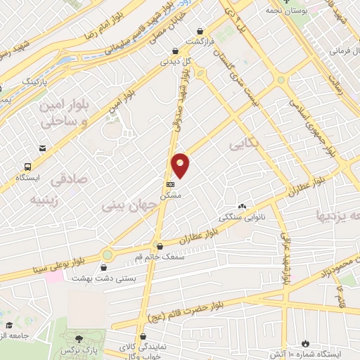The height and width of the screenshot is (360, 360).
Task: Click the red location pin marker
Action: click(181, 165)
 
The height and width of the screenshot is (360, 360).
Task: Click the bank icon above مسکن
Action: click(169, 184)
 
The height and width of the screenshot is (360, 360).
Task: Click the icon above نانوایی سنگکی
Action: click(242, 206)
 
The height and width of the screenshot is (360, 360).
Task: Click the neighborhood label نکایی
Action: click(244, 143)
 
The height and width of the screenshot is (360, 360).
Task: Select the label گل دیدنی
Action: click(176, 61)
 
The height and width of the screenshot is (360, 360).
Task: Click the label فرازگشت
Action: click(199, 42)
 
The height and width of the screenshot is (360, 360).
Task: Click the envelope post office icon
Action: click(44, 148)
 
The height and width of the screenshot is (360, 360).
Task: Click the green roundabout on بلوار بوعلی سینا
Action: click(107, 255)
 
